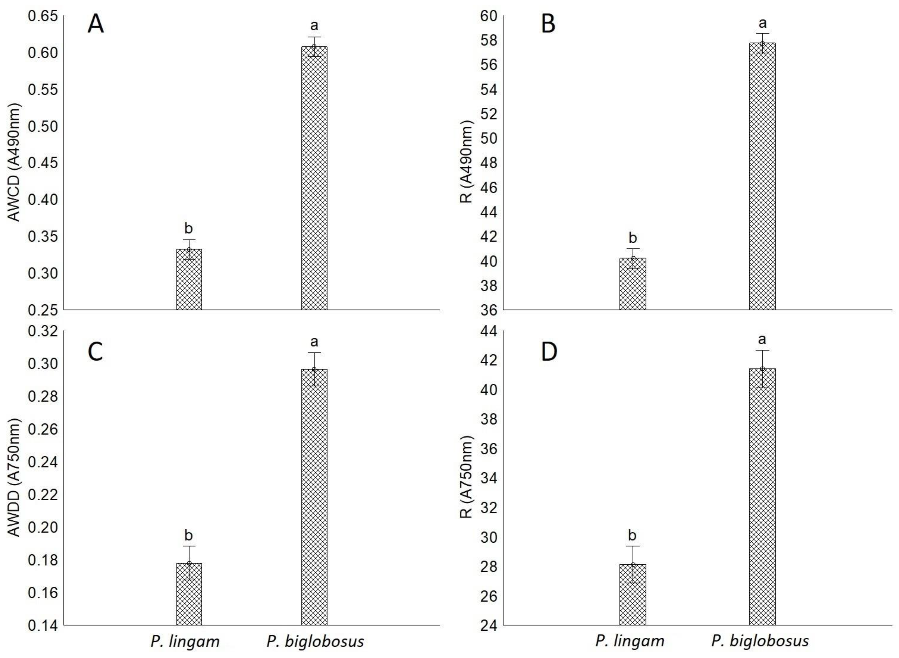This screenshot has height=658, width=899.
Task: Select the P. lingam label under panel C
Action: tap(185, 641)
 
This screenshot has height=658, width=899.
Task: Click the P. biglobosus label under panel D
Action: tap(760, 641)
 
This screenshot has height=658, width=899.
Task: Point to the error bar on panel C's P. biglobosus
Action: tap(314, 369)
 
